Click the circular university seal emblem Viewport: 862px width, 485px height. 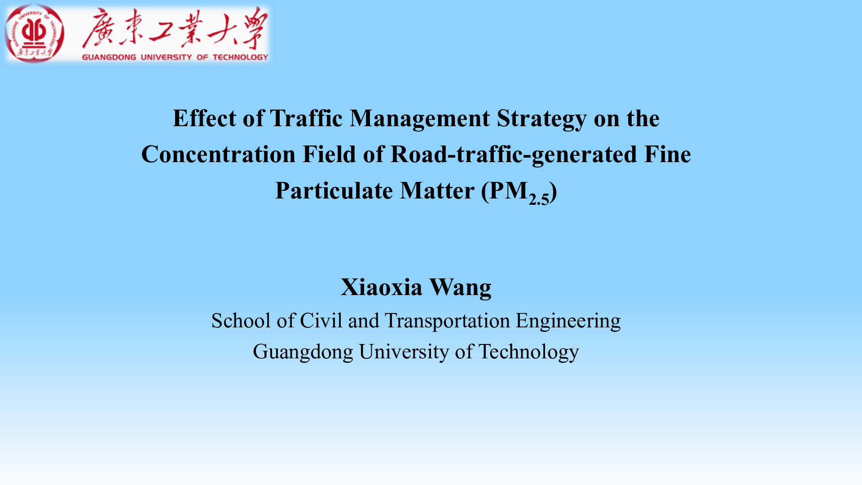tap(34, 34)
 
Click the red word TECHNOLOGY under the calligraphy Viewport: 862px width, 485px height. tap(240, 57)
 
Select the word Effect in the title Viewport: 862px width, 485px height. tap(204, 119)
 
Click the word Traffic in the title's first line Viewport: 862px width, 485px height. tap(306, 119)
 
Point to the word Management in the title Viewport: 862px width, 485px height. tap(420, 119)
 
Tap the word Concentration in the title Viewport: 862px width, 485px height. tap(218, 154)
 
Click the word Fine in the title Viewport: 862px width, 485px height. tap(668, 154)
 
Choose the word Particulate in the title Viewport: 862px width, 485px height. tap(334, 191)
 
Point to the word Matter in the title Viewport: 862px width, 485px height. tap(437, 191)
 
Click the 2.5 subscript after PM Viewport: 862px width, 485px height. tap(539, 198)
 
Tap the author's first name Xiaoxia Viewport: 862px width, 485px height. tap(381, 287)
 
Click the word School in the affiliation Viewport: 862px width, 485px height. tap(241, 321)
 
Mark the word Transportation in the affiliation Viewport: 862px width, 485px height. tap(448, 321)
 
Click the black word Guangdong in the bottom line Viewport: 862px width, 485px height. tap(303, 352)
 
